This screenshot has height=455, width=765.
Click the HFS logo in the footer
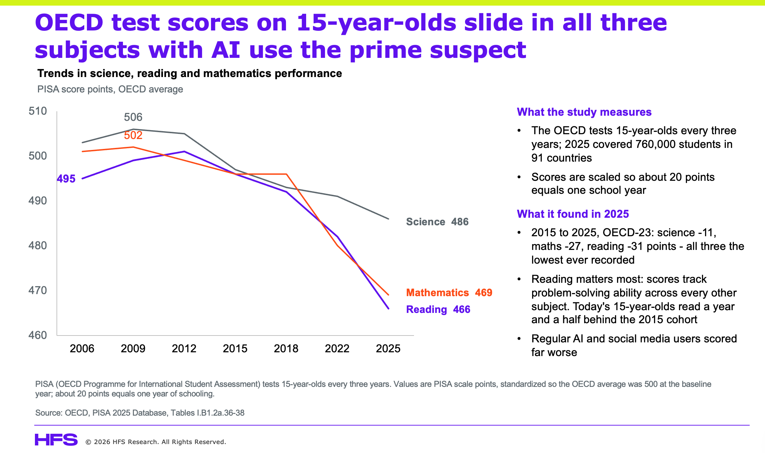(x=56, y=440)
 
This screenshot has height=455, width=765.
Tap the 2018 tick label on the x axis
(x=286, y=349)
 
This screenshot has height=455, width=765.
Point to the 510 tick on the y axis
(x=38, y=111)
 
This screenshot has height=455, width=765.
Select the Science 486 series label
(x=437, y=222)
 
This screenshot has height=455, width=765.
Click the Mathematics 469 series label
(x=449, y=293)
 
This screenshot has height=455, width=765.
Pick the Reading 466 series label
(x=438, y=309)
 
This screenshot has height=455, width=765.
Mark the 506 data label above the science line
(x=133, y=117)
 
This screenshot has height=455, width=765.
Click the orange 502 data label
(x=133, y=135)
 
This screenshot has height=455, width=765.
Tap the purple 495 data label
(x=66, y=179)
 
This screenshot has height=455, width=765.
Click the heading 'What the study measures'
(x=584, y=112)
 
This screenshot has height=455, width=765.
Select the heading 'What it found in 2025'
(x=573, y=214)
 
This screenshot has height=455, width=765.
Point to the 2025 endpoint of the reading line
(x=389, y=308)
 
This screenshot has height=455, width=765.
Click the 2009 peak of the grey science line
(x=133, y=129)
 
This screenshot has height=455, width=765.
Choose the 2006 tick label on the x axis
(x=82, y=349)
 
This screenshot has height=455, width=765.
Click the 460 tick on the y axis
(x=38, y=335)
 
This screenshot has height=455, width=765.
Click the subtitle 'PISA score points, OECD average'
(x=110, y=89)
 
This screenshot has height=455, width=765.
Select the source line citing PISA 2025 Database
(x=140, y=413)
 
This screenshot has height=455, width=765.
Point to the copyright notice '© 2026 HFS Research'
(x=156, y=442)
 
